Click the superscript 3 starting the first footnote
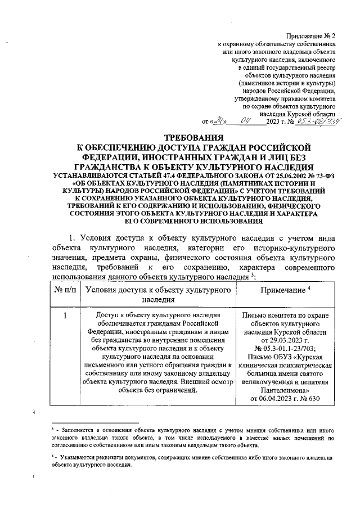52,428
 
